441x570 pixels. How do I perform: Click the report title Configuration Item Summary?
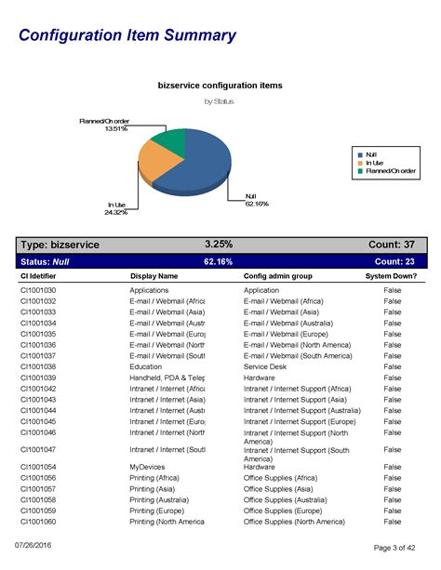point(127,35)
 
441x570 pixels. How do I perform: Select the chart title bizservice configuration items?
point(220,86)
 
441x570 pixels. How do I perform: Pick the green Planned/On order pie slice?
point(167,141)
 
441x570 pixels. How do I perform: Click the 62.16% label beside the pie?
point(256,204)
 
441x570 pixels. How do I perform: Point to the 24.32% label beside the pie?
point(116,212)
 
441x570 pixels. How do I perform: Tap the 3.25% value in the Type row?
point(219,245)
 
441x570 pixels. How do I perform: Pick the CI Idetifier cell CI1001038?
point(38,367)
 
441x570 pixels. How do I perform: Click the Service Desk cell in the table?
point(268,367)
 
